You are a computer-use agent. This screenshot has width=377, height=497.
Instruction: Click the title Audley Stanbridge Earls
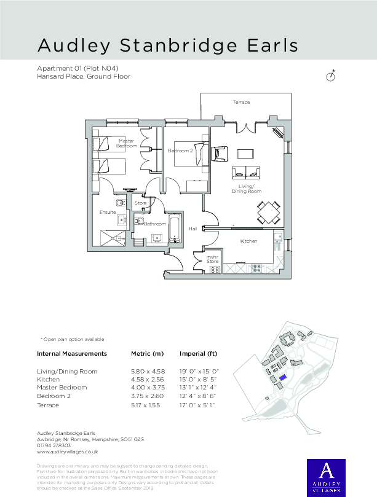167,45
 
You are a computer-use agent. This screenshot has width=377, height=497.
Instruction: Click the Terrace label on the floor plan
241,102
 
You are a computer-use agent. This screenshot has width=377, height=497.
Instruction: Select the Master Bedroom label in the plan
127,143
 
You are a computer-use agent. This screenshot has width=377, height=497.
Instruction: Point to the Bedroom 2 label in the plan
180,151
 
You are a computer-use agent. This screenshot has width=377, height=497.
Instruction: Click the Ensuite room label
108,212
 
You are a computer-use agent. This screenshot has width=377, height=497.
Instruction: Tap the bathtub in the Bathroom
175,228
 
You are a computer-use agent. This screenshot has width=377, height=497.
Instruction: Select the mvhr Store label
212,259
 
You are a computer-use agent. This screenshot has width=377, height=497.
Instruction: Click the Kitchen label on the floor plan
248,241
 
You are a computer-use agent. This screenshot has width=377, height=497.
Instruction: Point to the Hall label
192,229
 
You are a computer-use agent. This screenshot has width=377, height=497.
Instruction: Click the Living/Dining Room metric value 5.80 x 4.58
148,372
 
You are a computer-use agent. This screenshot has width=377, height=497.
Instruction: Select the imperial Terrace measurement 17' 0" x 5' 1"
199,405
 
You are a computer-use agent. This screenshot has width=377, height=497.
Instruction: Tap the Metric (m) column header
148,354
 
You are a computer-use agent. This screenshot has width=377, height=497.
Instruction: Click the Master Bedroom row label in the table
62,388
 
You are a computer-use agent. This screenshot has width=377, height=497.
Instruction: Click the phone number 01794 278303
54,445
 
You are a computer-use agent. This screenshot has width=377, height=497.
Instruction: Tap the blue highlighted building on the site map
282,378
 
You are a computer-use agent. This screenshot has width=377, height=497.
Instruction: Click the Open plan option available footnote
72,339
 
